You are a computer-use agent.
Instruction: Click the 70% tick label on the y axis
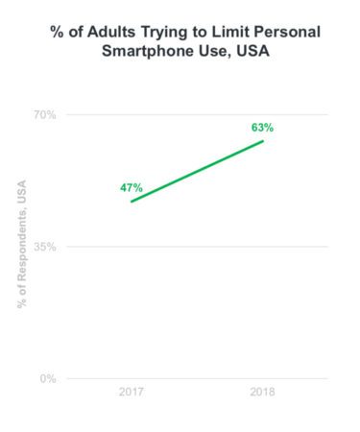coord(45,115)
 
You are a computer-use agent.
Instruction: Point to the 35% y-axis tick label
coord(45,247)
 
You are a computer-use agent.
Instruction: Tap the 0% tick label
coord(48,378)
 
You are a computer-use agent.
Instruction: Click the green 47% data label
coord(132,187)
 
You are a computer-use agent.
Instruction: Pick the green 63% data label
coord(263,127)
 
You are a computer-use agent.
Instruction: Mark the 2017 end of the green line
coord(132,202)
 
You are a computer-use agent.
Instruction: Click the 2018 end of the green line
coord(263,141)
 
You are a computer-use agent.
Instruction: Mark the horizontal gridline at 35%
coord(192,247)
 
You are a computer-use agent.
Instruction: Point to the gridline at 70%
coord(192,115)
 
